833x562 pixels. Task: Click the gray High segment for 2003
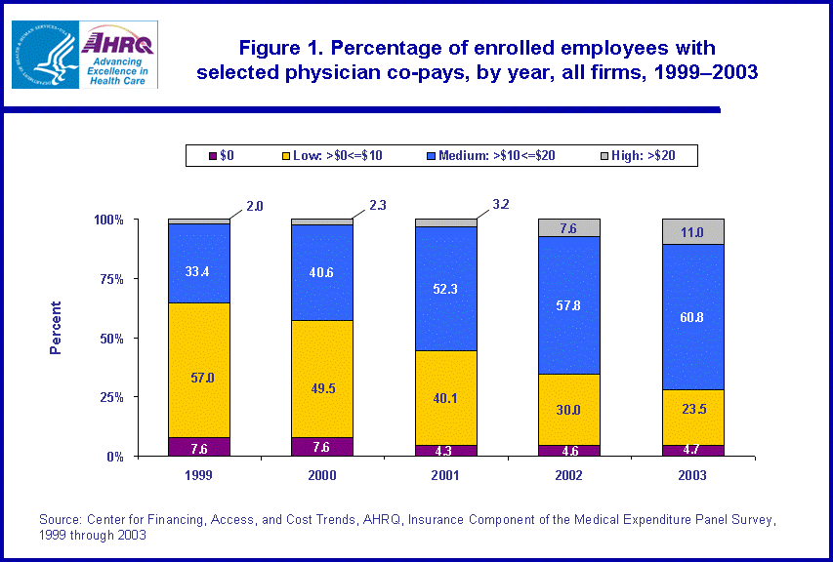693,231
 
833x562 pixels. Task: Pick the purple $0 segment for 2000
321,447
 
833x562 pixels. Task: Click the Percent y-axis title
56,326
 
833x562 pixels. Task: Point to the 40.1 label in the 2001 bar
445,398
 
